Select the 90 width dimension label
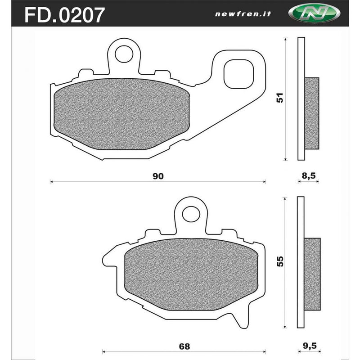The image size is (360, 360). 157,176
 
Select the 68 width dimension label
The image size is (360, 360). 184,346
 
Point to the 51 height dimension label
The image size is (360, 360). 279,99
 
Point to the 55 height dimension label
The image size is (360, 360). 279,261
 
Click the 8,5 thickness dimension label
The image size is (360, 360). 308,176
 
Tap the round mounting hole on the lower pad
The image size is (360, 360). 190,213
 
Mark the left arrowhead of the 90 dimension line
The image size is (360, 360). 51,182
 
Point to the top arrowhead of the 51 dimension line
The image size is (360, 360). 285,40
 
